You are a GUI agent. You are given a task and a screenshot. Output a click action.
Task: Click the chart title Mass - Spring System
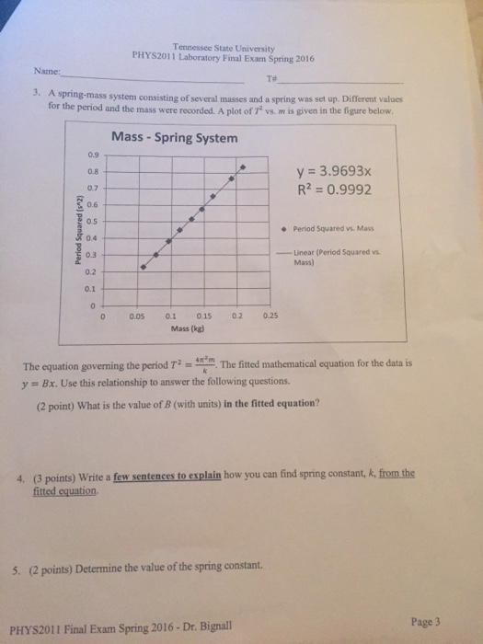174,138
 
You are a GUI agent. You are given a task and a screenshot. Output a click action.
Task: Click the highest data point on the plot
243,168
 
